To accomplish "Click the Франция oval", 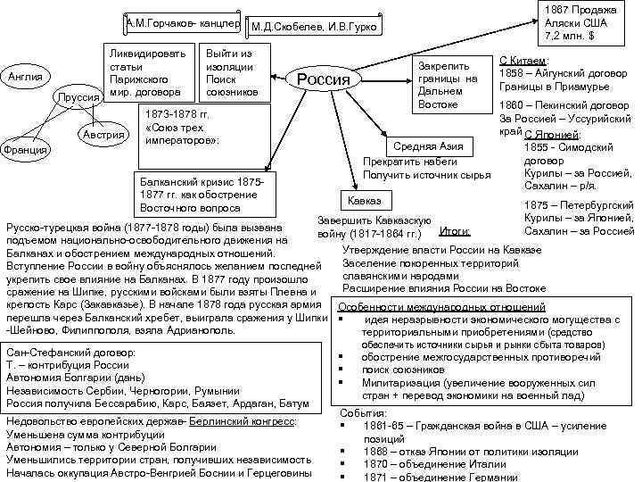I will [x=25, y=149].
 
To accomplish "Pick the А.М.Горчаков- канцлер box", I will [x=180, y=22].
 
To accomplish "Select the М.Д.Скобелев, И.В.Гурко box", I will [x=314, y=29].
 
